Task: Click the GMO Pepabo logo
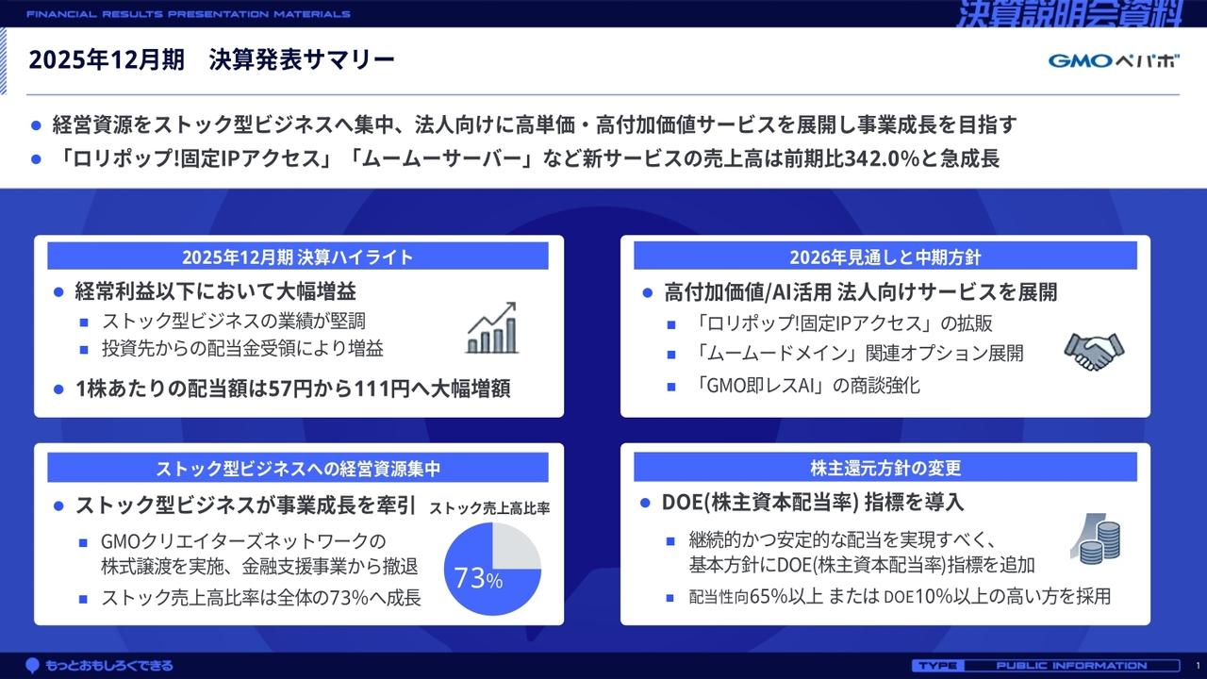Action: click(x=1114, y=61)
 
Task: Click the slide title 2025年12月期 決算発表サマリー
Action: click(x=211, y=60)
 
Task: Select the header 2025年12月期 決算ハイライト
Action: click(x=298, y=257)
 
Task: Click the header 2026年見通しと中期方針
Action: click(x=885, y=257)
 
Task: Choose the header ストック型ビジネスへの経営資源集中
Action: click(x=298, y=468)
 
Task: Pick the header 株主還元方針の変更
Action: click(x=885, y=468)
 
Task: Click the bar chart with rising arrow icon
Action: click(x=492, y=328)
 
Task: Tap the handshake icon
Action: click(x=1094, y=351)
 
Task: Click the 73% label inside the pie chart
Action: click(x=478, y=578)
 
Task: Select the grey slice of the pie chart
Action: click(x=516, y=546)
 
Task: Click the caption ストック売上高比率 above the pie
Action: click(x=490, y=508)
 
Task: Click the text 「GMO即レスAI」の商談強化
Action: click(x=808, y=385)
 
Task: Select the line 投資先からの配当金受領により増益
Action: click(x=242, y=349)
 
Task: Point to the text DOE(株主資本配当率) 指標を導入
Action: click(x=813, y=503)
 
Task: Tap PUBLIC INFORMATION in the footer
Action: click(x=1071, y=666)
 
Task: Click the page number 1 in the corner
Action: click(x=1197, y=666)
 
